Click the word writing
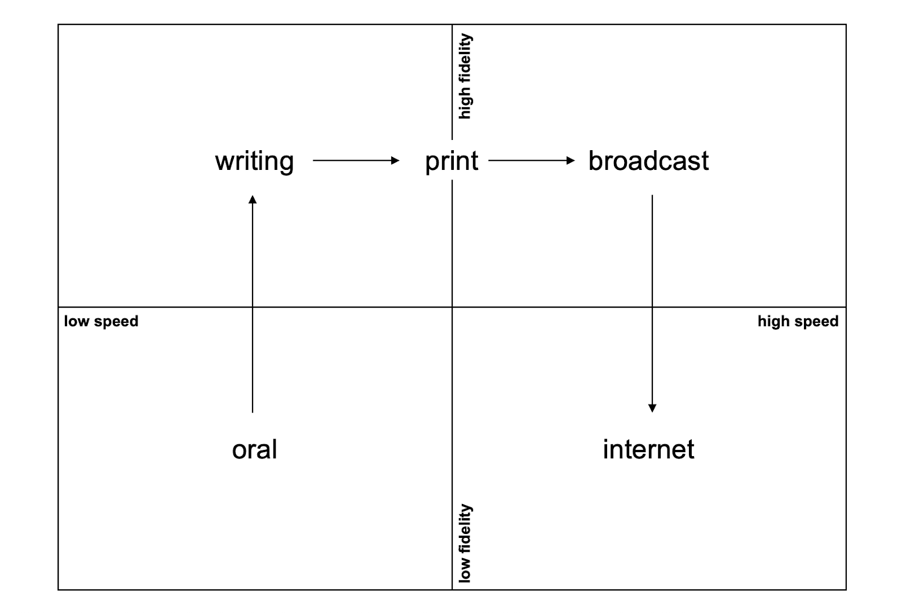[x=254, y=161]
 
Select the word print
[x=452, y=161]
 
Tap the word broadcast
[x=648, y=161]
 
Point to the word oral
[x=254, y=450]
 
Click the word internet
[x=648, y=450]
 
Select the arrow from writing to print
[x=355, y=161]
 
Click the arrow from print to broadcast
[x=531, y=161]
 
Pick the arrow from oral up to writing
[x=253, y=305]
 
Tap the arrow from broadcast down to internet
[x=652, y=305]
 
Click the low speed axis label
[x=101, y=321]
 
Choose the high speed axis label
[x=798, y=321]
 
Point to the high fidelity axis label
[x=465, y=76]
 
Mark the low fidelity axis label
[x=465, y=543]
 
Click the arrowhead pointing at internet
[x=652, y=408]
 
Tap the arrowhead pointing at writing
[x=253, y=199]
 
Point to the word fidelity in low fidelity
[x=465, y=528]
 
